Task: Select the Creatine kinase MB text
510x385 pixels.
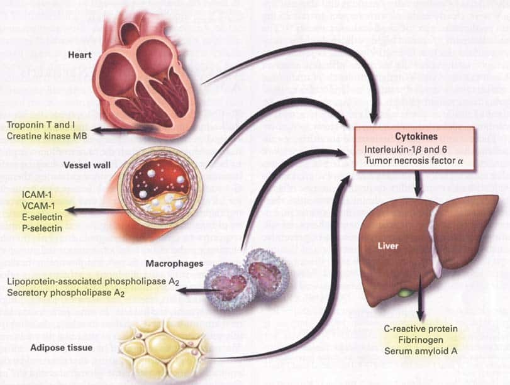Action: click(x=47, y=136)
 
